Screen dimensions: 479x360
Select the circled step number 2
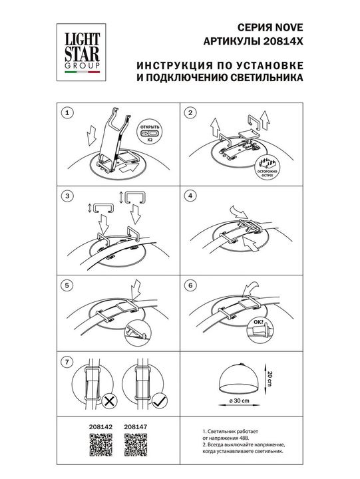click(190, 114)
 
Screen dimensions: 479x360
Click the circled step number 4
click(190, 196)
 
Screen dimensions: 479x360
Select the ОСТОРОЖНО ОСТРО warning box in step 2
click(269, 168)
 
